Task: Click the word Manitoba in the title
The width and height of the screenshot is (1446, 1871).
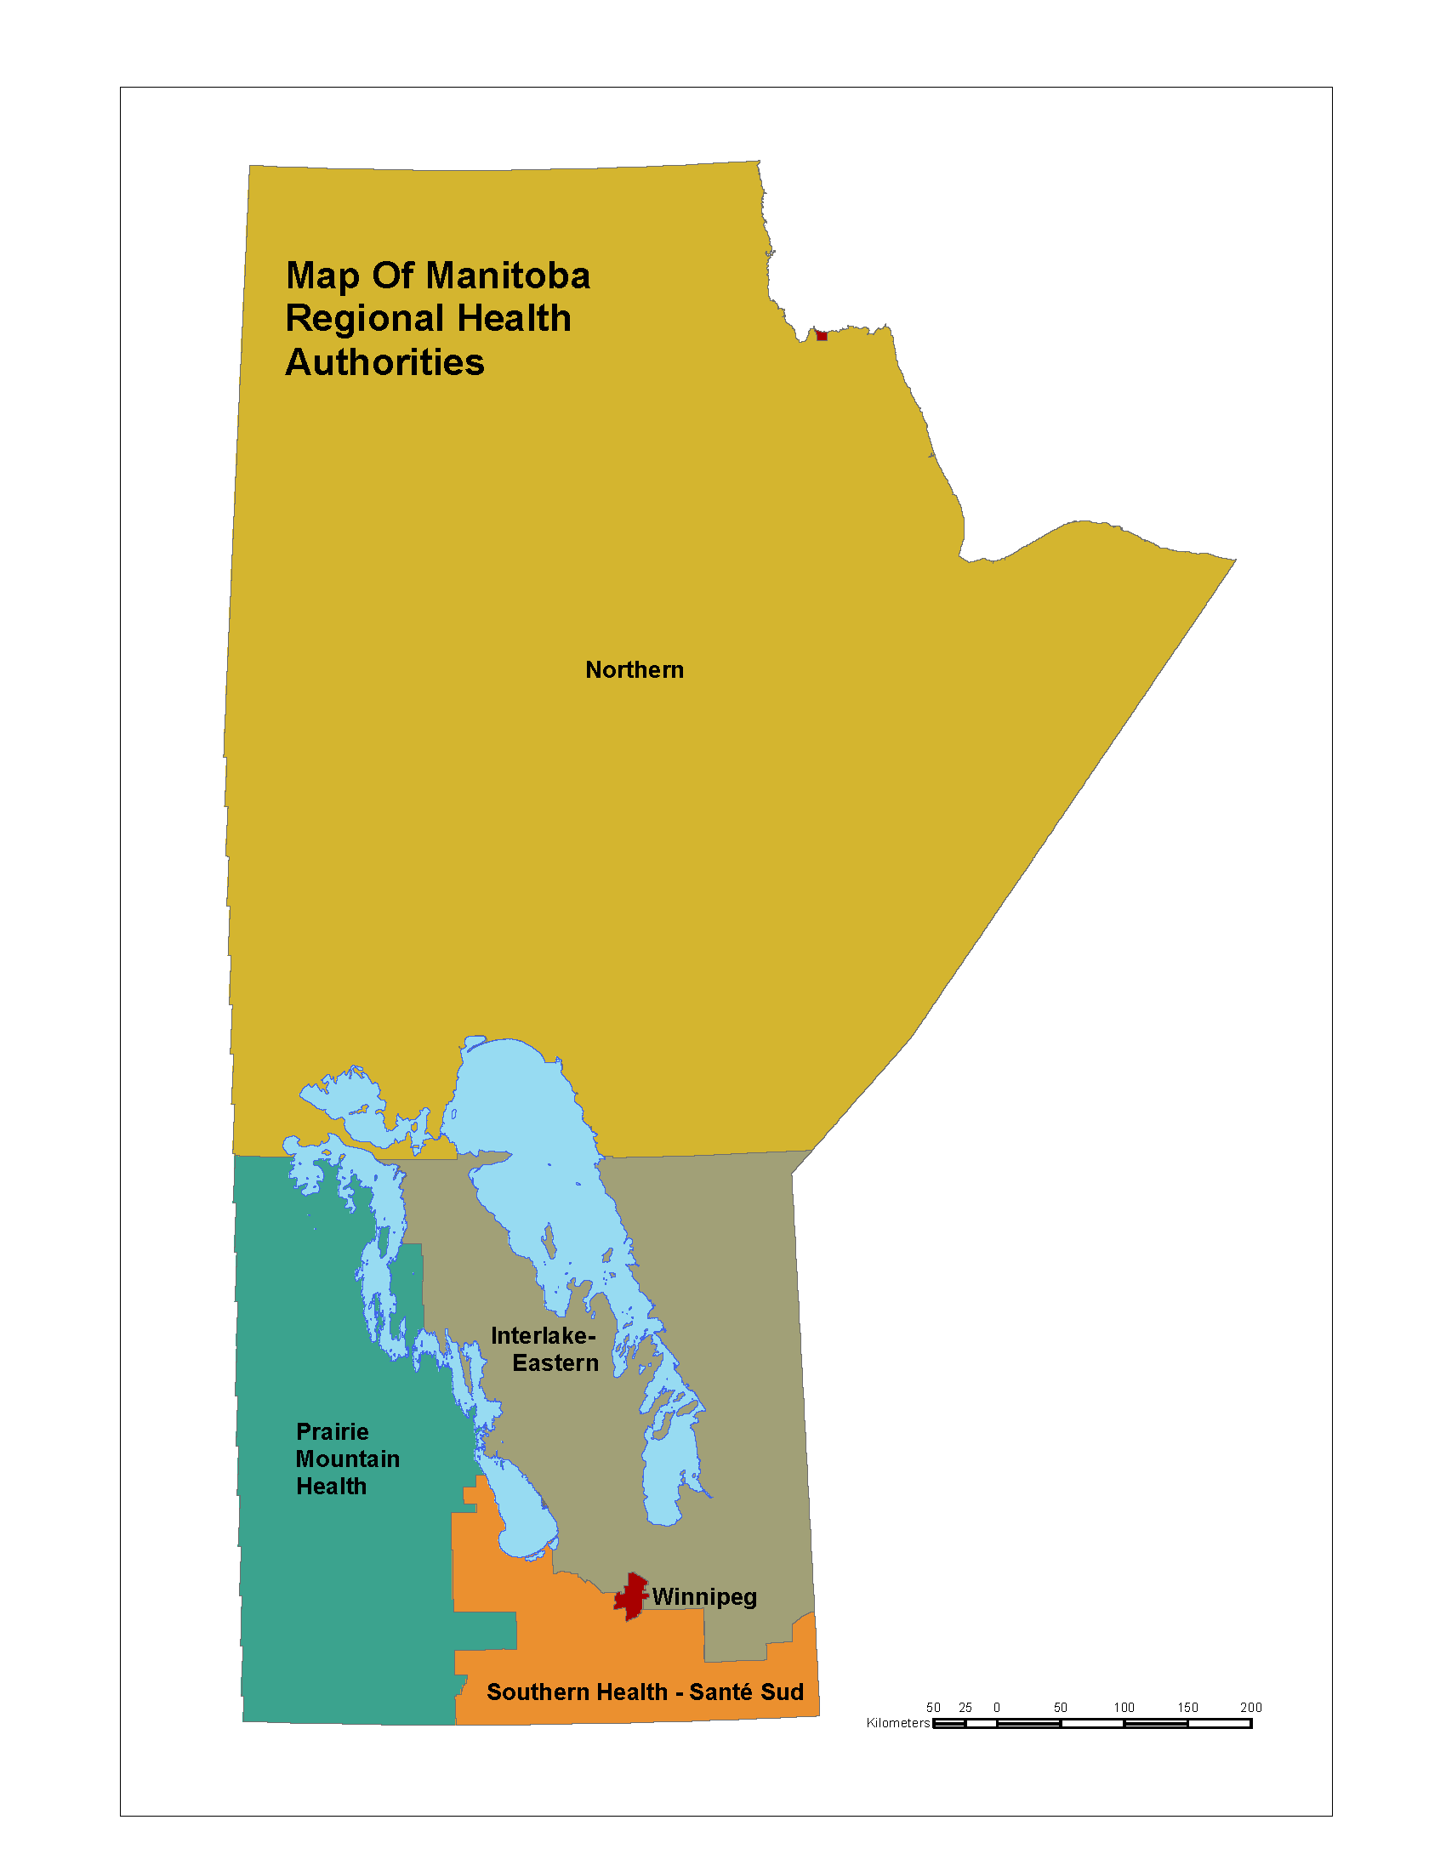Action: pos(508,276)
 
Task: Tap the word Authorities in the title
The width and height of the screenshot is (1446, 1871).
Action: pos(384,362)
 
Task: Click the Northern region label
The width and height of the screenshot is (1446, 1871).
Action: pos(634,670)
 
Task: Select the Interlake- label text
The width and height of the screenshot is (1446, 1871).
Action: pos(543,1336)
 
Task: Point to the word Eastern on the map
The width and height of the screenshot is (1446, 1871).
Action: pos(555,1363)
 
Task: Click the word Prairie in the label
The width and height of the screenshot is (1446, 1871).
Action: pos(333,1431)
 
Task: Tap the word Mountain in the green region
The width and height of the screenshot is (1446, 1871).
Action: pos(348,1459)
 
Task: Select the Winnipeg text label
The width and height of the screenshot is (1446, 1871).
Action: pos(704,1597)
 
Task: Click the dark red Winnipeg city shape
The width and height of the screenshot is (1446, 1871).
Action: pos(632,1596)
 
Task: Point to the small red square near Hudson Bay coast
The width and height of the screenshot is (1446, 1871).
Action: pos(822,336)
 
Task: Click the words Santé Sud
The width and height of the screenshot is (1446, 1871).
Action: pos(746,1692)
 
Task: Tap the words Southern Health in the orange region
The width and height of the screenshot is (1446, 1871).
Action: pos(577,1692)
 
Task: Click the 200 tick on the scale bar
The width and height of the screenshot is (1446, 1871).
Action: pos(1250,1708)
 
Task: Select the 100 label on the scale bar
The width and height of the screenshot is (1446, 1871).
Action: pos(1124,1708)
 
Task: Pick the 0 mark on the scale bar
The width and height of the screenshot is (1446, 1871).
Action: pos(997,1708)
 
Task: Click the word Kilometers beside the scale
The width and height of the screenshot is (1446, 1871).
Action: pos(897,1723)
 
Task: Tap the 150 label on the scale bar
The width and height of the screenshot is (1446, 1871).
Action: pos(1187,1708)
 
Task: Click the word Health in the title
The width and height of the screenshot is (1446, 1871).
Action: pos(514,319)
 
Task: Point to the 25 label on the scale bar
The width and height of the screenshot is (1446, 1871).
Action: pos(965,1708)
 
